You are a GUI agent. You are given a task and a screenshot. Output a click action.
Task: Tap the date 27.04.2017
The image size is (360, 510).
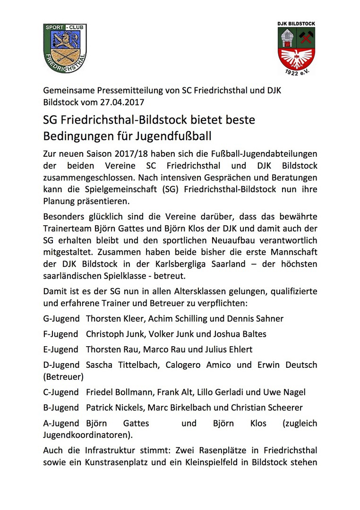coord(125,102)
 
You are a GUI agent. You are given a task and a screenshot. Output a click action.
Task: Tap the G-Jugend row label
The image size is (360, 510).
coord(60,319)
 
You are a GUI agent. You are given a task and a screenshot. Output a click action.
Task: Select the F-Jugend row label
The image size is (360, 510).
coord(60,334)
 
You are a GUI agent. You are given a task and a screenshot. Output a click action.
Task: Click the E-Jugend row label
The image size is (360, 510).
coord(60,350)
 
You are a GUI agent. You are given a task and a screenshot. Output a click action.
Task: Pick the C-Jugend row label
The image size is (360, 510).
coord(60,392)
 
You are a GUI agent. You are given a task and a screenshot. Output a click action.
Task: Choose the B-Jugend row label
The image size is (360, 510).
coord(60,408)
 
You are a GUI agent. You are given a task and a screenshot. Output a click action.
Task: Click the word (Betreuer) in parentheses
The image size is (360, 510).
coord(63,377)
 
